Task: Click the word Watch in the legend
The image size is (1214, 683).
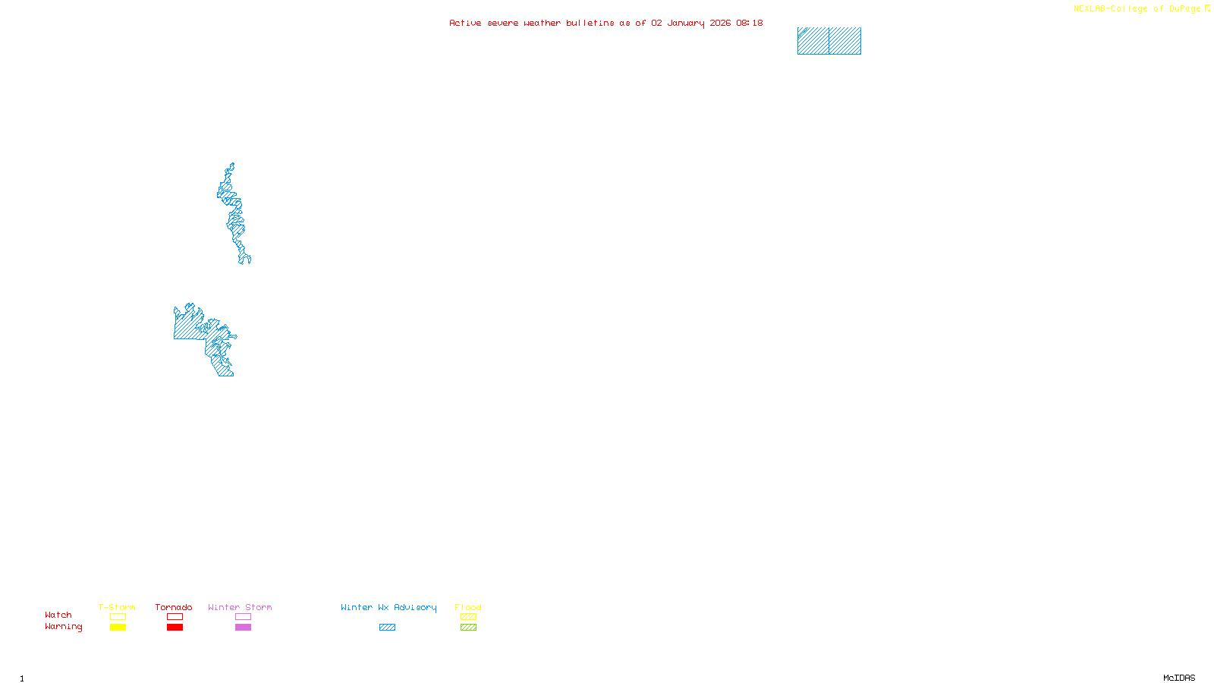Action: (x=58, y=615)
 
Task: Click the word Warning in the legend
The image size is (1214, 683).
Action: (x=63, y=627)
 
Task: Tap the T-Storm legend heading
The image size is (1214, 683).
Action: (x=117, y=607)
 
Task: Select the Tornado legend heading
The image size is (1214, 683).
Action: (x=174, y=607)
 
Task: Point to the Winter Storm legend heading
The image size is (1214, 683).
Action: (x=240, y=607)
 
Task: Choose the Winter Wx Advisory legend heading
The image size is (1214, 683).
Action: (x=388, y=607)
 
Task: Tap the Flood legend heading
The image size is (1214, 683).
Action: (x=468, y=607)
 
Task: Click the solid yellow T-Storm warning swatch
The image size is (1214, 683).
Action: (x=118, y=628)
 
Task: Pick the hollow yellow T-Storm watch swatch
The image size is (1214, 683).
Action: (x=118, y=617)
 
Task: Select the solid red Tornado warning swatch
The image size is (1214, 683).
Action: (x=175, y=628)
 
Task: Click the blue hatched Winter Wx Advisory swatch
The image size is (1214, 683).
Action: (x=387, y=628)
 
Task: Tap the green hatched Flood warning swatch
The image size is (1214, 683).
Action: (x=468, y=628)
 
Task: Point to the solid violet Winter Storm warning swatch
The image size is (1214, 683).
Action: (x=243, y=628)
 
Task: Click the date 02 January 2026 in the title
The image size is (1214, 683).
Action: (x=690, y=23)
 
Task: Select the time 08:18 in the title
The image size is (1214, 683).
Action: (x=749, y=23)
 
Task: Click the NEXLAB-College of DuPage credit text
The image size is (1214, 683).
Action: (x=1137, y=9)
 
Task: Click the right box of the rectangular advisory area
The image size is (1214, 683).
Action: (x=844, y=41)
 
